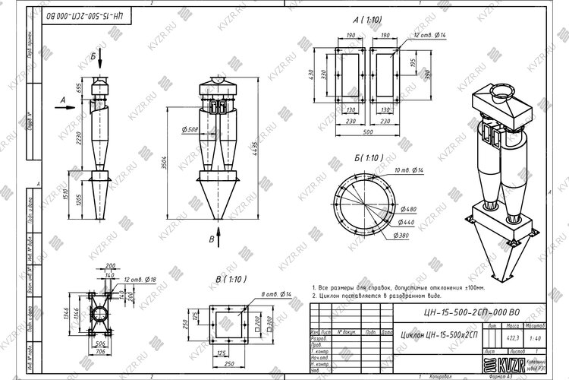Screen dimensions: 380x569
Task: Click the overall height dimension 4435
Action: coord(256,144)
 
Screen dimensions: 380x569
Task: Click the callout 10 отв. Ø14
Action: coord(407,170)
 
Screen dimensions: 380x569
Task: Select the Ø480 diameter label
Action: coord(409,210)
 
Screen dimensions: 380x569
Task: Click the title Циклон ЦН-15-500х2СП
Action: coord(440,335)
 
